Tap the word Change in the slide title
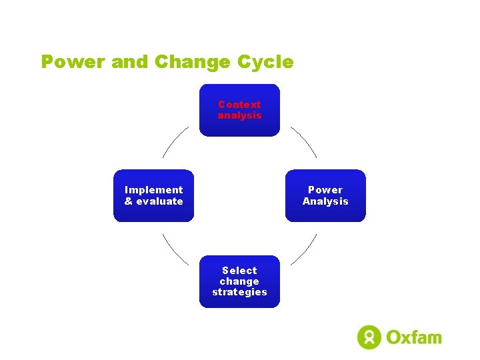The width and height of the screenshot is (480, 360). [192, 62]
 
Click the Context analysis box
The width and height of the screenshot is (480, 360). [239, 110]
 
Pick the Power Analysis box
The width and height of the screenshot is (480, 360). [325, 195]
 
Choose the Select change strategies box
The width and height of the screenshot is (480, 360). [239, 281]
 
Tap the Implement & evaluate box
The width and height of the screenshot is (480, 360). [153, 195]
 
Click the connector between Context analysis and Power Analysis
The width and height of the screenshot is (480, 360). [303, 141]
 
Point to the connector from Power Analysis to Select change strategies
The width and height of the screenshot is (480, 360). [303, 250]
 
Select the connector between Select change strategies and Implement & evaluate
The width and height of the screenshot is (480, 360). [175, 250]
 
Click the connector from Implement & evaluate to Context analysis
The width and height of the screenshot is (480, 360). [175, 141]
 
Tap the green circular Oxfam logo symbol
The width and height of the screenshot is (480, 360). [369, 337]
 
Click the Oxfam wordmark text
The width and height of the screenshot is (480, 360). [413, 337]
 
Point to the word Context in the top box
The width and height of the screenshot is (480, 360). [239, 105]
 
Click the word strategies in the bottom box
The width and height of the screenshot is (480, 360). [239, 292]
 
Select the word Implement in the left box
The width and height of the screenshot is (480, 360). [153, 190]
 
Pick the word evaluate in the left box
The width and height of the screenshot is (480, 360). [159, 201]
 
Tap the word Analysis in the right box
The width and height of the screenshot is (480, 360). [325, 201]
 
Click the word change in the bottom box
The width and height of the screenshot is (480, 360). [239, 281]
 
